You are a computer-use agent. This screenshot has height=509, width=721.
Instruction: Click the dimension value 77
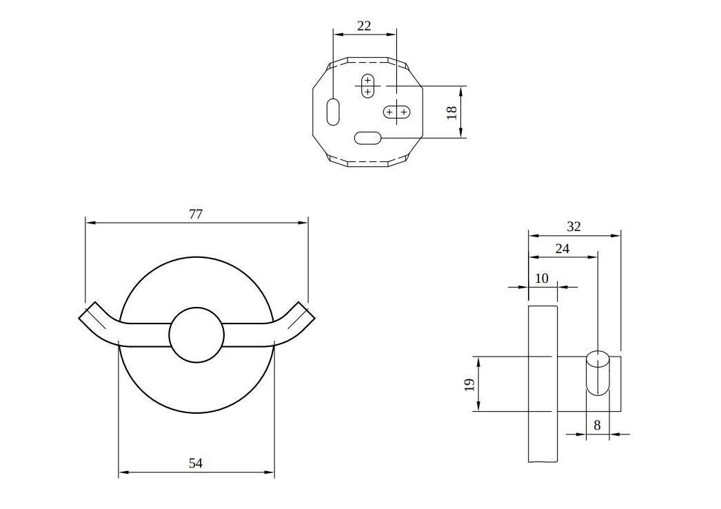pos(196,214)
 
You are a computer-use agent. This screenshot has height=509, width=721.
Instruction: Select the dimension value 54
pos(196,463)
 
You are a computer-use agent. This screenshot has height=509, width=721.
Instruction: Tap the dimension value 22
pos(364,26)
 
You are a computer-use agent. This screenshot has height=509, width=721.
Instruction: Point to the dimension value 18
pos(452,112)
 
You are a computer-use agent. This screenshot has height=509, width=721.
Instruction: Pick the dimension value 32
pos(573,226)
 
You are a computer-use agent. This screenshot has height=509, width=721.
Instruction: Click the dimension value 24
pos(562,248)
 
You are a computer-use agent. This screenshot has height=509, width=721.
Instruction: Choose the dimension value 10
pos(542,279)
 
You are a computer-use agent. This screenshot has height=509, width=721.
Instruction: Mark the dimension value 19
pos(469,384)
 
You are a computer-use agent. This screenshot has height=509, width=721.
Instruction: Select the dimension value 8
pos(597,426)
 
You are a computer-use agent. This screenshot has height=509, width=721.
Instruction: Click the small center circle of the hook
pos(196,335)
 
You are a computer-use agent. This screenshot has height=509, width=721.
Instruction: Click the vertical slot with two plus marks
pos(367,86)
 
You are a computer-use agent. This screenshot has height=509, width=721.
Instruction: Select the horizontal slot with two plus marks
pos(396,112)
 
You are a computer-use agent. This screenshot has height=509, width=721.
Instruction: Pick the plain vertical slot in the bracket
pos(333,111)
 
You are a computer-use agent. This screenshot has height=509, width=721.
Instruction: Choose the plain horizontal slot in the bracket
pos(368,138)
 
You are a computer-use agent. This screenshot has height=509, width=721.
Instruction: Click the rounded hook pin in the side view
pos(598,373)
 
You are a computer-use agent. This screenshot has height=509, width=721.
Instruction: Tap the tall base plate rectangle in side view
pos(543,384)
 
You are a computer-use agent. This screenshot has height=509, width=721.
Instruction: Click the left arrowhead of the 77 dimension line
pos(90,223)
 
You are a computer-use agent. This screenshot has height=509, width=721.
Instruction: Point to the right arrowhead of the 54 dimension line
pos(270,472)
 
